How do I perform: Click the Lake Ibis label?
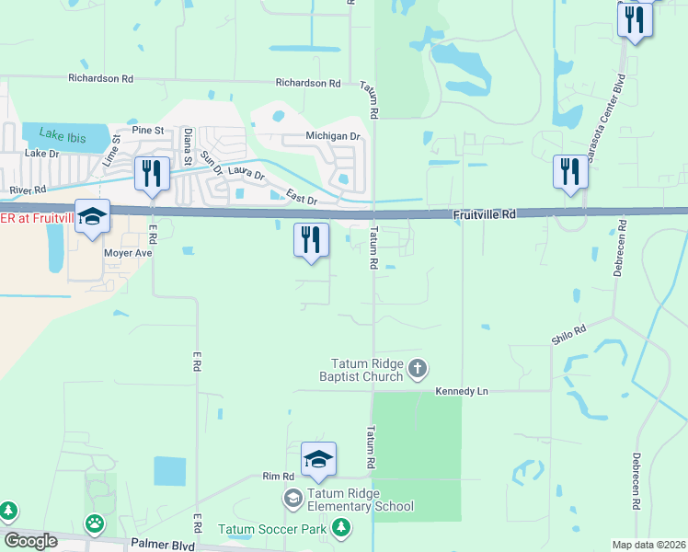click(63, 137)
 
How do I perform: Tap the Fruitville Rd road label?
click(484, 214)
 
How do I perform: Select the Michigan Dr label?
click(333, 136)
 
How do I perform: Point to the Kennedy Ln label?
click(461, 391)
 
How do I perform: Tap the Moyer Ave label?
click(128, 251)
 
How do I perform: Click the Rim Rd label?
click(277, 476)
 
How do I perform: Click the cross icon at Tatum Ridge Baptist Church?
click(418, 370)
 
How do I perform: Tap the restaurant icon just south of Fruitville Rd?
click(311, 239)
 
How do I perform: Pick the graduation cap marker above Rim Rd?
click(318, 458)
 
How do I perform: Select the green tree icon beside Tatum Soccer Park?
click(341, 528)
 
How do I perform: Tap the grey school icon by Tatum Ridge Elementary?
click(293, 499)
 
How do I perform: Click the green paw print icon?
click(95, 523)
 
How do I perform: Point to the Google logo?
click(30, 541)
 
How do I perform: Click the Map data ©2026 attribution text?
click(648, 545)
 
